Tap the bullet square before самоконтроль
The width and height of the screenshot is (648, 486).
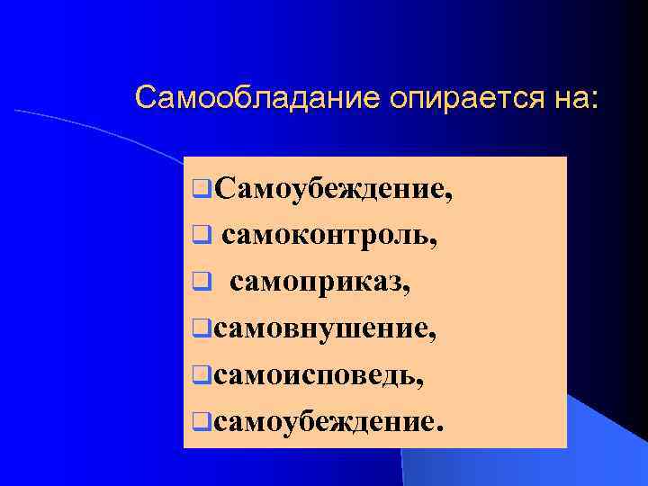(202, 237)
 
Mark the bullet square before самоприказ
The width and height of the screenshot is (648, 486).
(202, 283)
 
